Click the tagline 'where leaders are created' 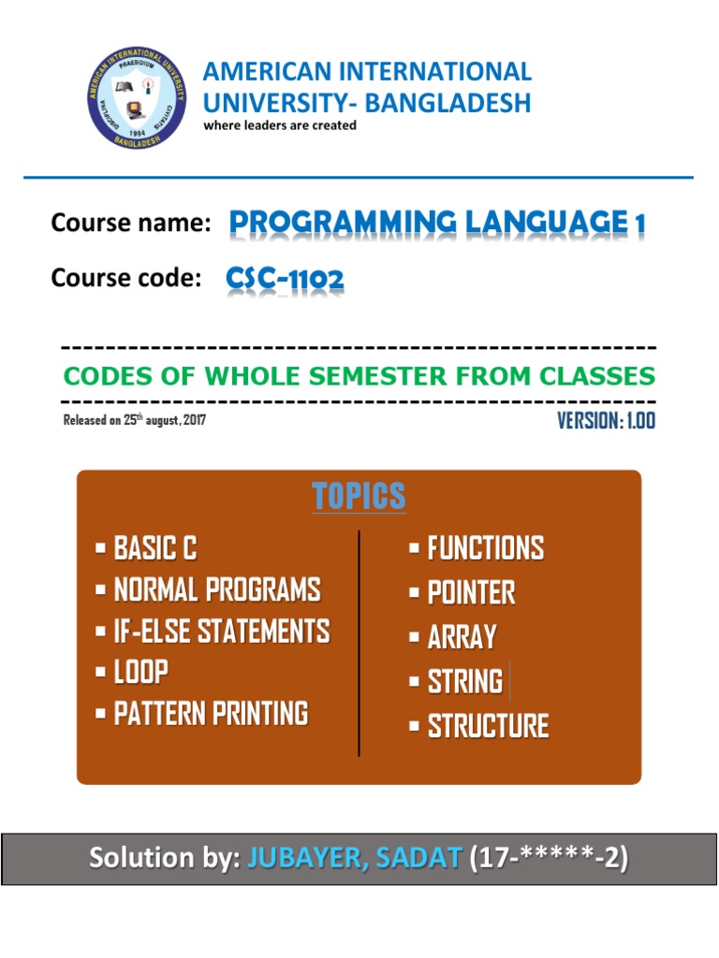tap(280, 125)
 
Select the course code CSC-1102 tap(285, 278)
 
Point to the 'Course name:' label tap(129, 224)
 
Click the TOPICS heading tap(359, 497)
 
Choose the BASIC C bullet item tap(155, 548)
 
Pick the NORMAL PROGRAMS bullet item tap(216, 590)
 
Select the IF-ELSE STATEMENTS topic tap(221, 631)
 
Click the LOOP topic tap(140, 673)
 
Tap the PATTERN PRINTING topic tap(211, 714)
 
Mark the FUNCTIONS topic tap(485, 548)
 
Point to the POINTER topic tap(471, 592)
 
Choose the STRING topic tap(464, 682)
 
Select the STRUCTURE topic tap(488, 726)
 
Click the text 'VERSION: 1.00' tap(606, 421)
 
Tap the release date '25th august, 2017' tap(165, 420)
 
